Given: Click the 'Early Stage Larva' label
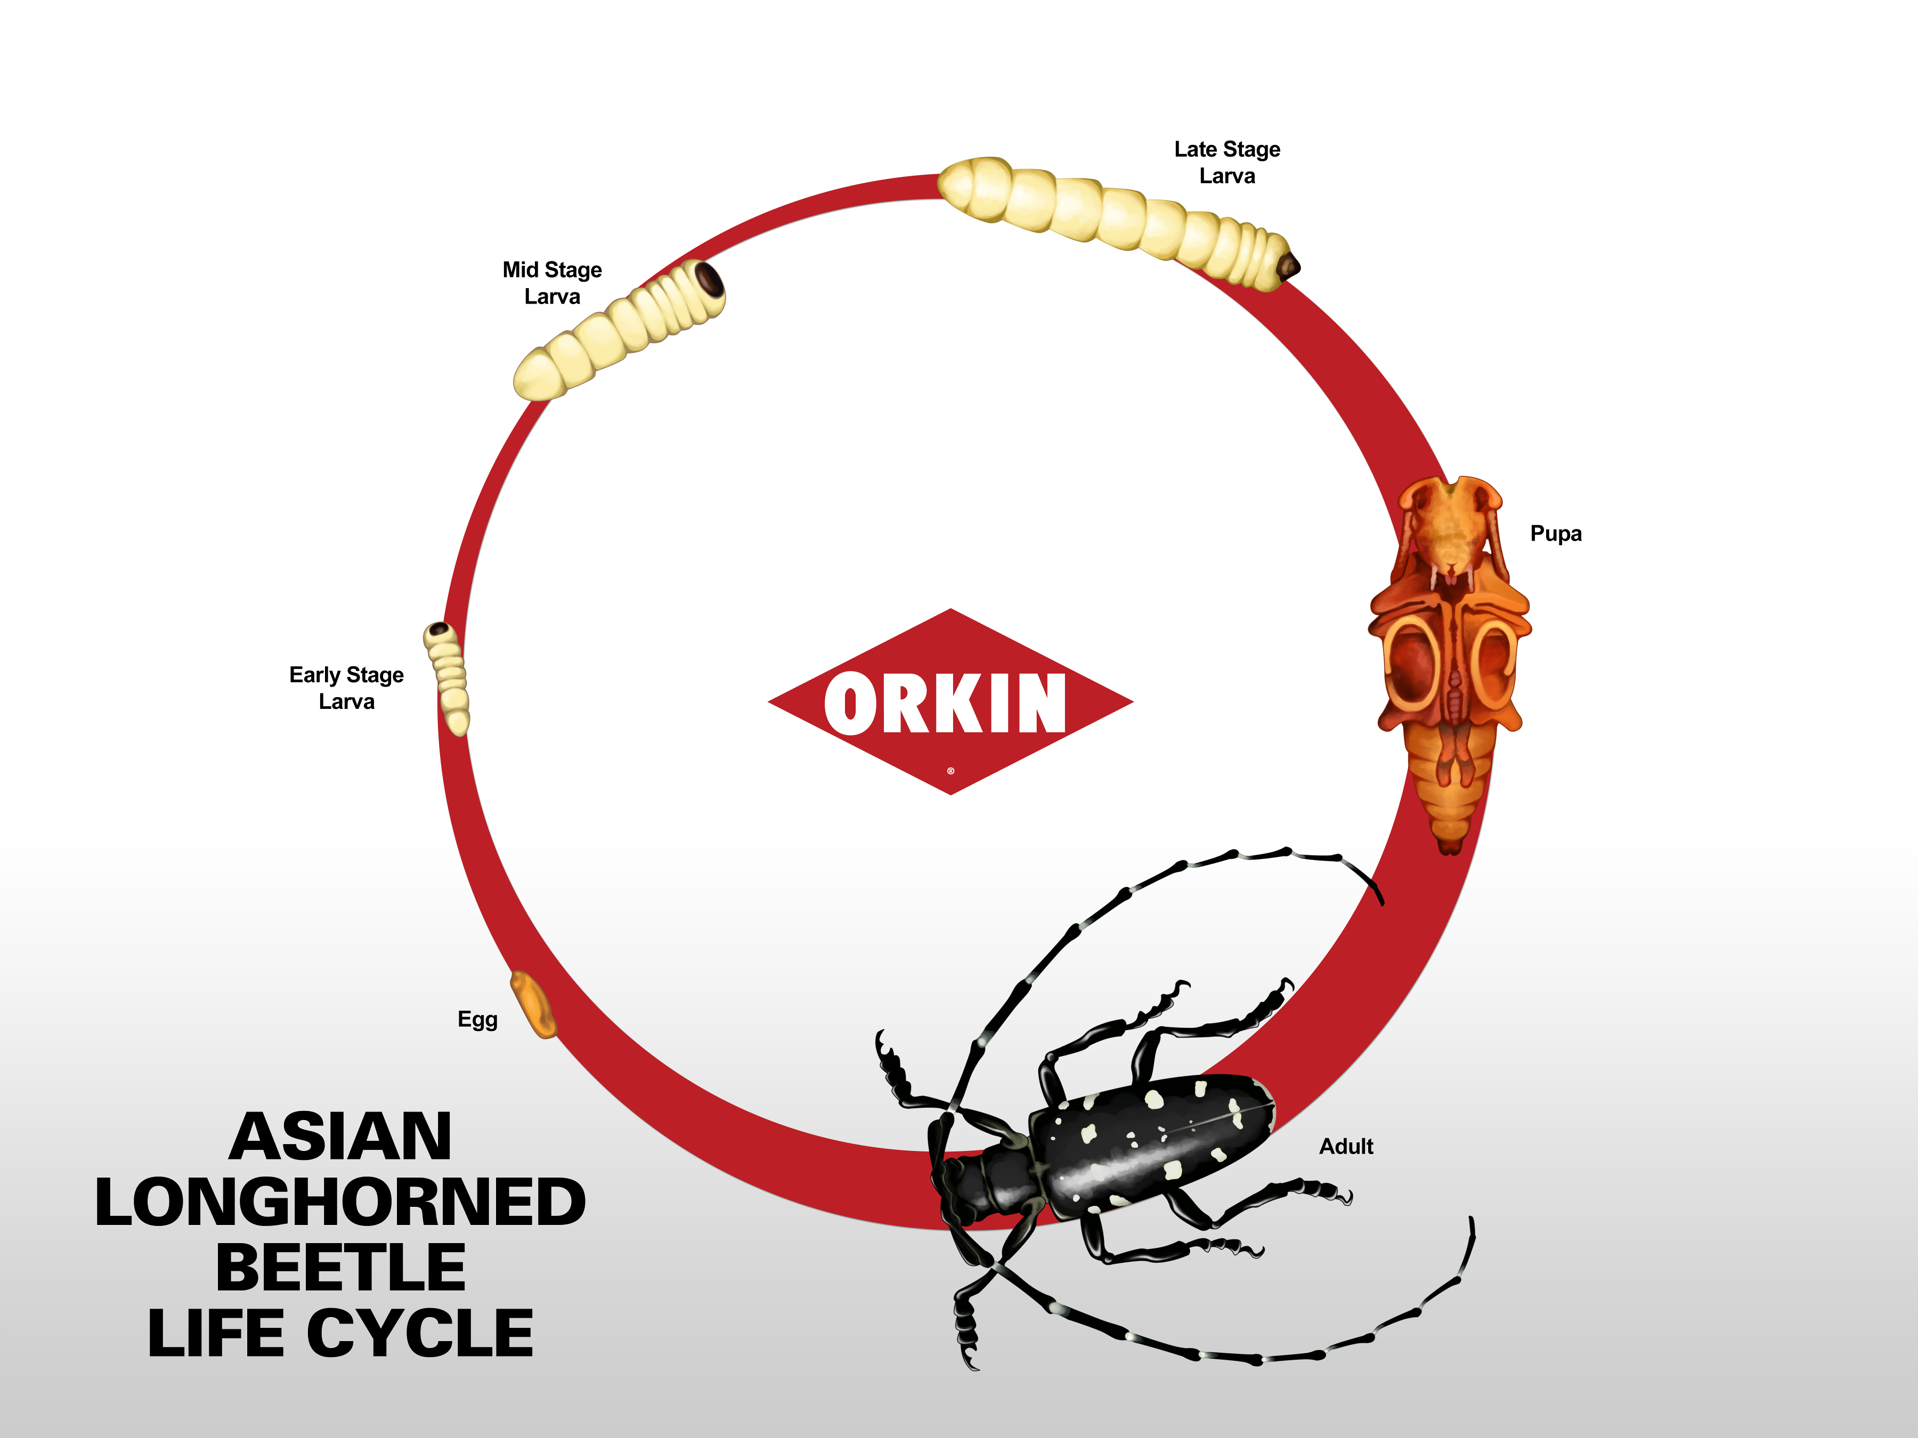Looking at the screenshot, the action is [347, 688].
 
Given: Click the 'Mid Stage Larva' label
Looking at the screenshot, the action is [552, 283].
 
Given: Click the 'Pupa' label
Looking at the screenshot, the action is [1556, 534].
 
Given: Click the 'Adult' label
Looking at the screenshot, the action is [1346, 1147].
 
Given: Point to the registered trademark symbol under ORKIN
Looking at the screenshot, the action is [950, 771].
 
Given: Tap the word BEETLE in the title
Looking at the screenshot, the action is [341, 1268].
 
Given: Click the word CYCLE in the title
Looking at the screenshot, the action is [420, 1334].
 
